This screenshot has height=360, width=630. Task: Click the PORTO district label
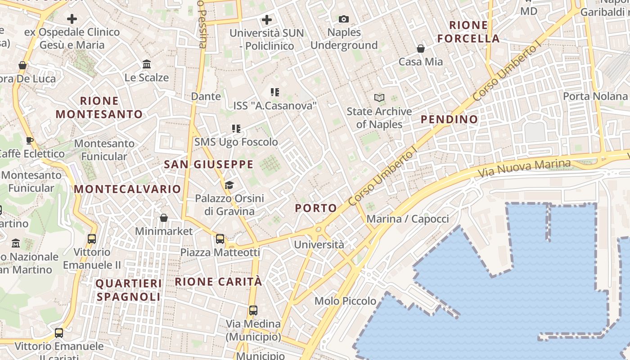[x=316, y=208]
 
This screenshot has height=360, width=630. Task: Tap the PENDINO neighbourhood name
[x=449, y=119]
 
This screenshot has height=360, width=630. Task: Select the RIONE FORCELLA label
[x=468, y=31]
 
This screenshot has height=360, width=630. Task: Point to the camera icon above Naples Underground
[x=344, y=19]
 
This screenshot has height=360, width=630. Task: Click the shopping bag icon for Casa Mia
[x=421, y=48]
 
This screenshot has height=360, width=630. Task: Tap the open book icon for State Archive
[x=379, y=98]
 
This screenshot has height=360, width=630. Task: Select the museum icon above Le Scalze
[x=147, y=64]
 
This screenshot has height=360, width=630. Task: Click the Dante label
[x=206, y=96]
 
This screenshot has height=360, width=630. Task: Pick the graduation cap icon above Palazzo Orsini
[x=229, y=185]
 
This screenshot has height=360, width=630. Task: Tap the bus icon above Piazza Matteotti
[x=220, y=239]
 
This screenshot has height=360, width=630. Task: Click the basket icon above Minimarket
[x=164, y=218]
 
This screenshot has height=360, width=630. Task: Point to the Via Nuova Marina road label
[x=524, y=167]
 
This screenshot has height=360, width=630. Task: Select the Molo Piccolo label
[x=345, y=301]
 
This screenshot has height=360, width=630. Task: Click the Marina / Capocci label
[x=408, y=219]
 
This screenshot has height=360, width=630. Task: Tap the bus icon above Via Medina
[x=253, y=310]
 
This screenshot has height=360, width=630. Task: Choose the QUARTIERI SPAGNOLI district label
[x=129, y=290]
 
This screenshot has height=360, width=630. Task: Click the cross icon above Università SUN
[x=267, y=20]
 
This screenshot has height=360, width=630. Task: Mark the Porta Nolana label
[x=595, y=96]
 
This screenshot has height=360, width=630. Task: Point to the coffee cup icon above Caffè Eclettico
[x=30, y=140]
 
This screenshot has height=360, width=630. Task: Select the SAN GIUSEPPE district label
[x=209, y=164]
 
